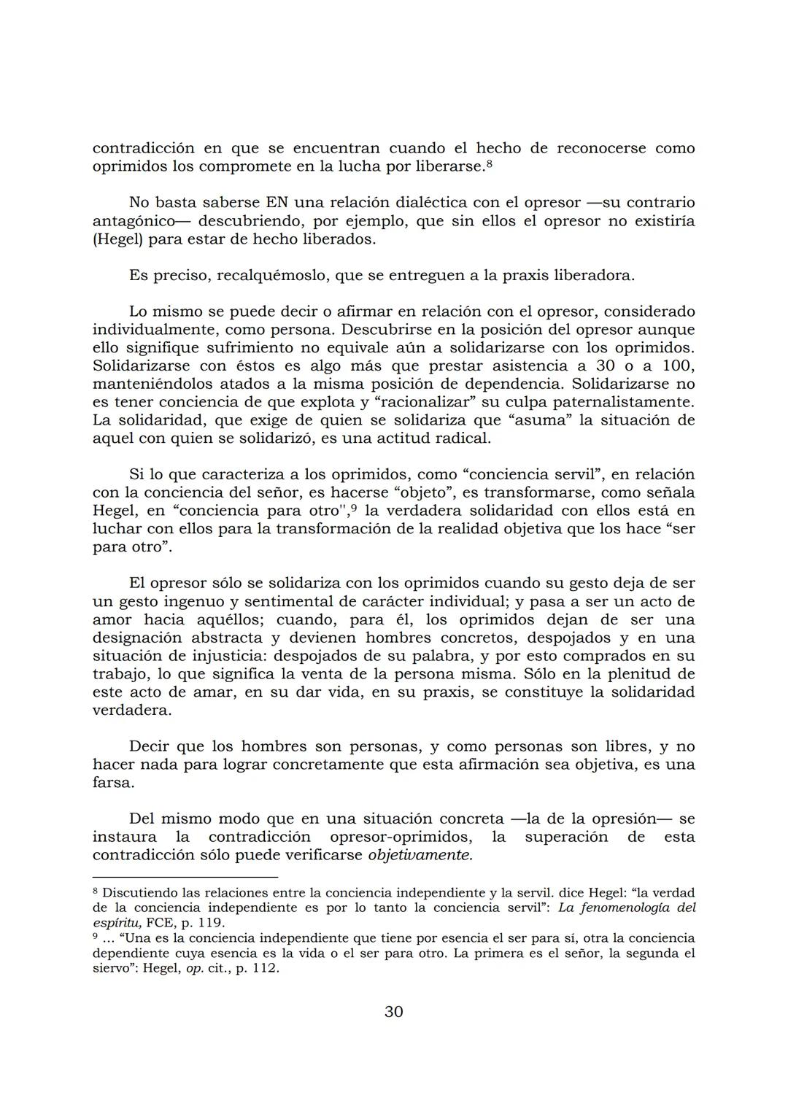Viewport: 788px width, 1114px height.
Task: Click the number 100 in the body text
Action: (x=679, y=365)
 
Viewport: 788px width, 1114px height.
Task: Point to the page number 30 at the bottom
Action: (x=393, y=1011)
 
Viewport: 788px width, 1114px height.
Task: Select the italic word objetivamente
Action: (x=420, y=855)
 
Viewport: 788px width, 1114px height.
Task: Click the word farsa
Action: (x=113, y=783)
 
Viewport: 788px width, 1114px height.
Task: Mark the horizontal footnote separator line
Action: (x=185, y=876)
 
